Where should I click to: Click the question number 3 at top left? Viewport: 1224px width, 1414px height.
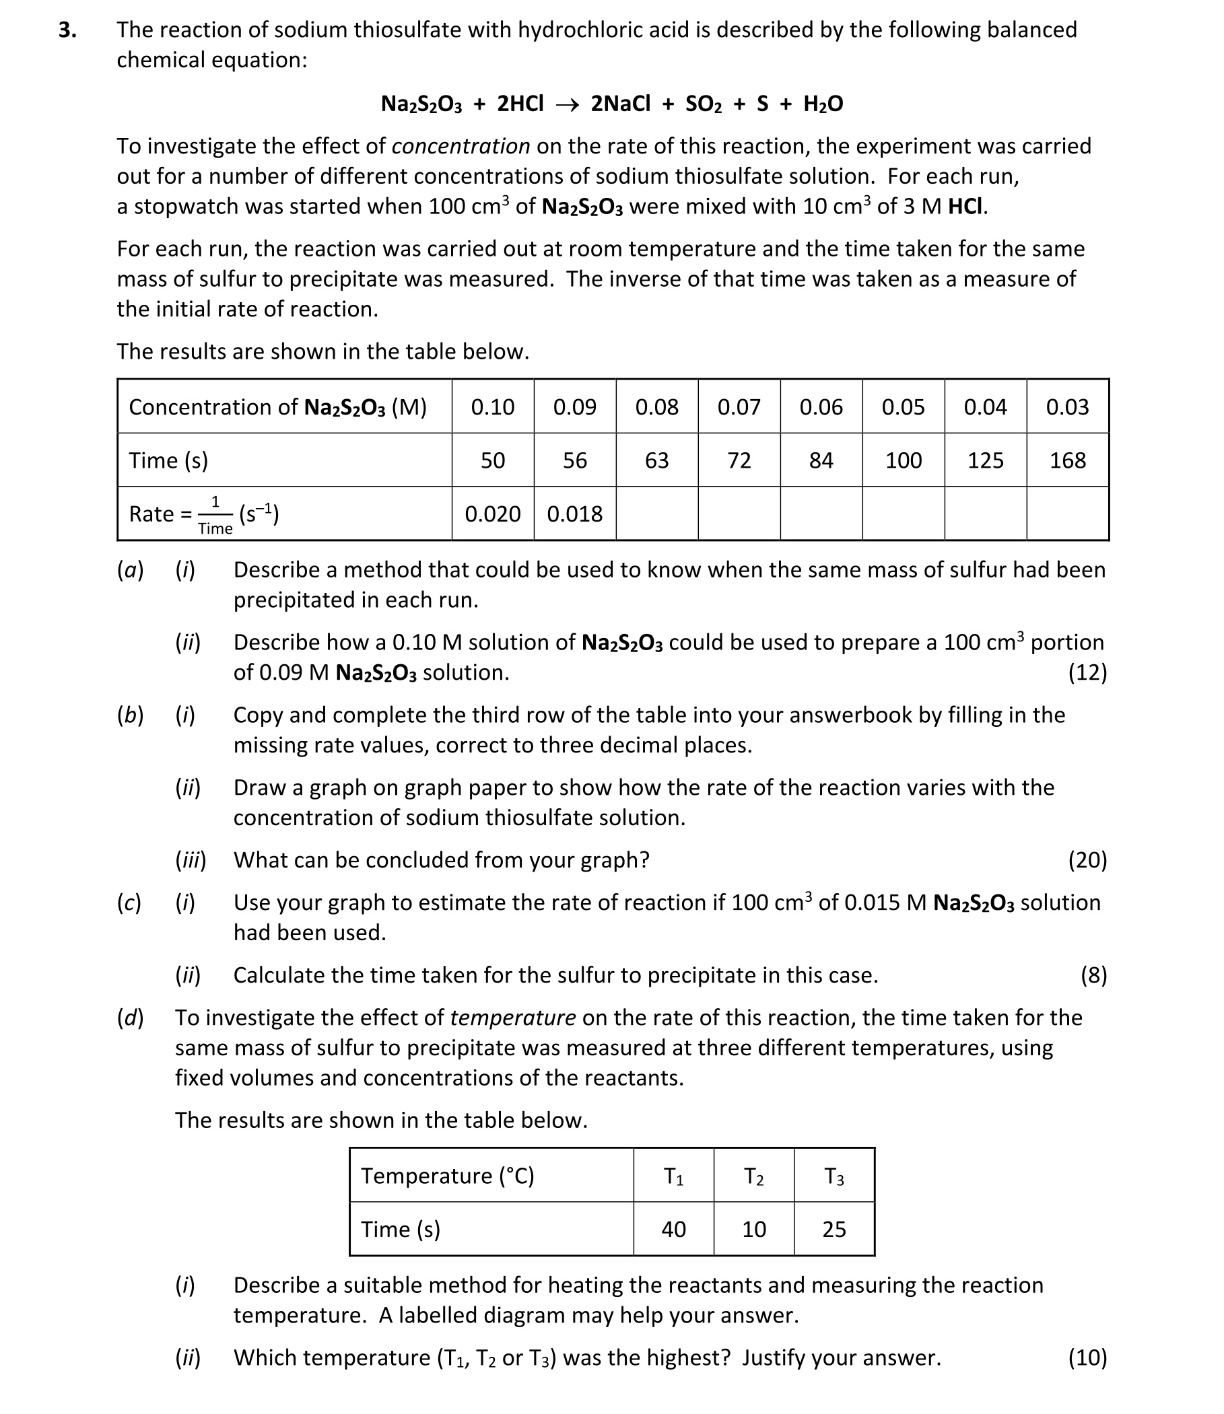pyautogui.click(x=66, y=30)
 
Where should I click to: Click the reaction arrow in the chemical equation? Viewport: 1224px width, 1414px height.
pyautogui.click(x=567, y=104)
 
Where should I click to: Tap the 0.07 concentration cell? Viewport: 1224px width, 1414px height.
pyautogui.click(x=739, y=407)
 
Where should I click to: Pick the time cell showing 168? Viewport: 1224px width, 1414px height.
pyautogui.click(x=1067, y=460)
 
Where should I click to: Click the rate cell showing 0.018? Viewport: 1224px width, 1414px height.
pyautogui.click(x=574, y=514)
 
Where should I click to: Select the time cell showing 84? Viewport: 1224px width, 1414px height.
pyautogui.click(x=821, y=460)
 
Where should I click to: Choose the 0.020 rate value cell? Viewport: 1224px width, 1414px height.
pyautogui.click(x=492, y=514)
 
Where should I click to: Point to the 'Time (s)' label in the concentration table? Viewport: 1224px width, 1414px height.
pyautogui.click(x=168, y=460)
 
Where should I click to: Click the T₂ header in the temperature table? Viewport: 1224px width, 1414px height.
pyautogui.click(x=753, y=1176)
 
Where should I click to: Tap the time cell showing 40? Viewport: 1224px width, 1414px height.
pyautogui.click(x=673, y=1229)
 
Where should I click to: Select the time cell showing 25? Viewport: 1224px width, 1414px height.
pyautogui.click(x=834, y=1229)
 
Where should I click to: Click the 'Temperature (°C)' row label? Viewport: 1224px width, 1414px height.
pyautogui.click(x=448, y=1176)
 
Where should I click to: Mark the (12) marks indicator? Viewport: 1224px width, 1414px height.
pyautogui.click(x=1087, y=672)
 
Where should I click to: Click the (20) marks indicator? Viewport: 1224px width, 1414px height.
pyautogui.click(x=1087, y=859)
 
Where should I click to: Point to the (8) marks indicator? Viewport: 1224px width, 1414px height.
pyautogui.click(x=1093, y=975)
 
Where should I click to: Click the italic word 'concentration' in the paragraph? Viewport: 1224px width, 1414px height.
pyautogui.click(x=461, y=146)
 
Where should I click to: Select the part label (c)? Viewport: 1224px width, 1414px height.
pyautogui.click(x=129, y=903)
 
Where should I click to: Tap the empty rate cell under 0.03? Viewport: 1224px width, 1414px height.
pyautogui.click(x=1067, y=514)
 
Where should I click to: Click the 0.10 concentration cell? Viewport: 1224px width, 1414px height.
pyautogui.click(x=492, y=407)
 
